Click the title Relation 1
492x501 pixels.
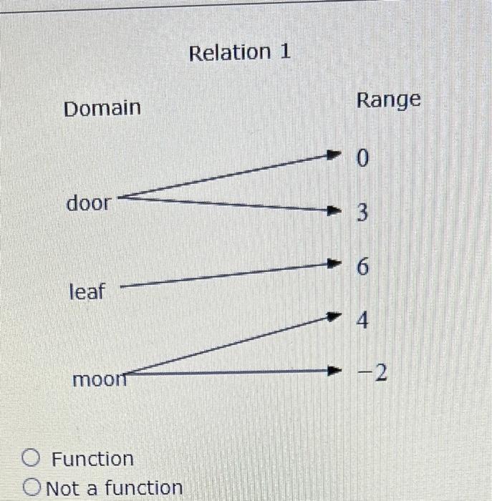240,52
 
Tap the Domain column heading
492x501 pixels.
102,109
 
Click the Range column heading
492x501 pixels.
389,101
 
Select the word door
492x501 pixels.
89,203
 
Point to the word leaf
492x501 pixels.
87,292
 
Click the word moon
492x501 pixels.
99,378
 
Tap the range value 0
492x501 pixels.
362,159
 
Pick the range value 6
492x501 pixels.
362,268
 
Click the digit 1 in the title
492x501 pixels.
284,52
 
